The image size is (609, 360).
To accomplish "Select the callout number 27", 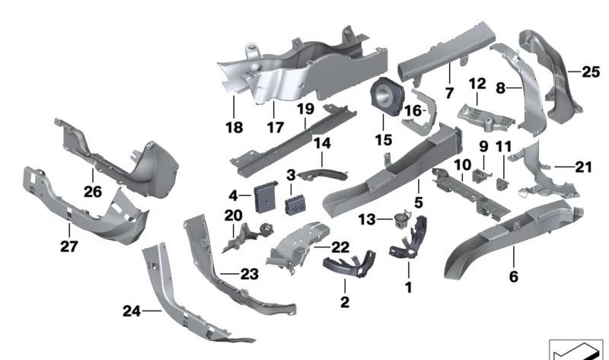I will coord(68,246).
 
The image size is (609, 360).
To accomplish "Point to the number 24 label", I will coord(132,310).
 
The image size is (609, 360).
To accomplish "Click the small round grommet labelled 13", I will coord(398,218).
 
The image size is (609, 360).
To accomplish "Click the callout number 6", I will coord(514,277).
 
